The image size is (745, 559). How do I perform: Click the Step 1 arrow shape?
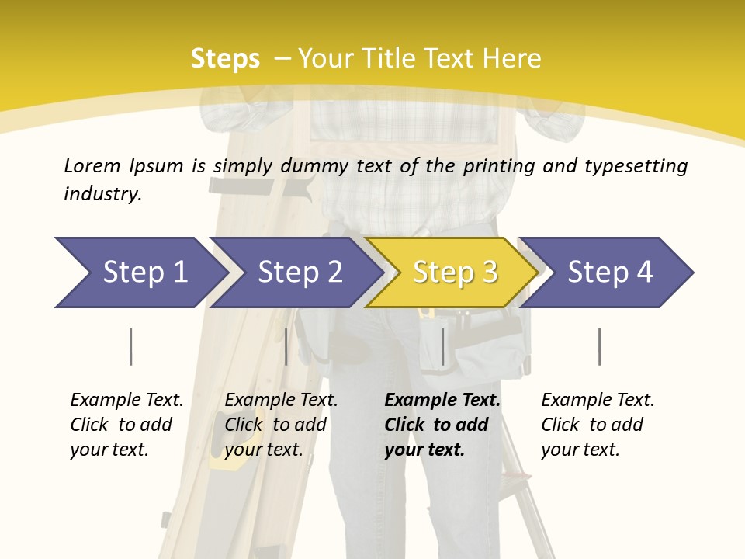coord(140,273)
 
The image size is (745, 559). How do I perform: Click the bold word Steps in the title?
coord(225,59)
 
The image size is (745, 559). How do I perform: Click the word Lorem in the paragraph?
coord(92,165)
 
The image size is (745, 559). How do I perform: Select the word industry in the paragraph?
coord(102,193)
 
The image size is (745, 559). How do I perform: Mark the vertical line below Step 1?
coord(130,346)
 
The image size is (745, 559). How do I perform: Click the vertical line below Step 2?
coord(286,346)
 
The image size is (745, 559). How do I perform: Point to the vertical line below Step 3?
coord(442,346)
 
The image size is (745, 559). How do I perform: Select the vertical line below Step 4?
coord(599,346)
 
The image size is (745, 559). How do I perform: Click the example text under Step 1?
coord(126,425)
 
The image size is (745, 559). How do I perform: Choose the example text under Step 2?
coord(281,425)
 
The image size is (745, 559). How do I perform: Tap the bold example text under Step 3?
coord(442,425)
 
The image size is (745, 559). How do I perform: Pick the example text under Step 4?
coord(598,425)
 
